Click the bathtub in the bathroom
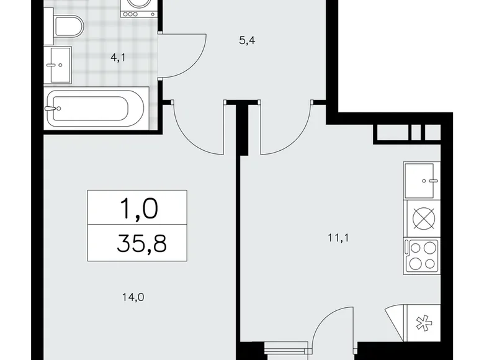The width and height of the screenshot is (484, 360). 96,108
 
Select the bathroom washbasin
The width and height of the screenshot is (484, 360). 60,65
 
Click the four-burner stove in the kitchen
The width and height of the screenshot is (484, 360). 421,255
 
